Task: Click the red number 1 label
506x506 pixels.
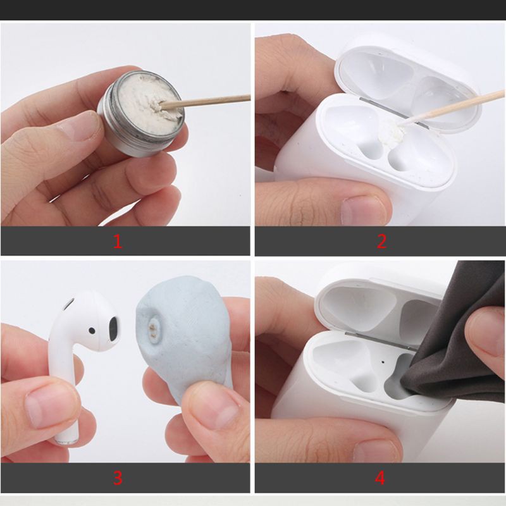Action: [x=118, y=241]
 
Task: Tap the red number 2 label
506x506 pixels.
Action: [x=381, y=241]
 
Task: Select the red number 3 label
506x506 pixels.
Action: [x=118, y=478]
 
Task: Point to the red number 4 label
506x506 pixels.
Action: [x=379, y=478]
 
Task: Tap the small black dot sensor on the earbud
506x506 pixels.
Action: [x=92, y=329]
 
